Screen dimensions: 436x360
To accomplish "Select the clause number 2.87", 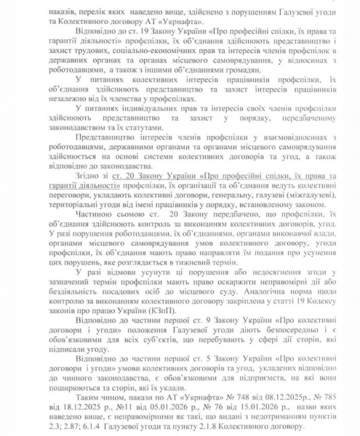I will click(x=57, y=422).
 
